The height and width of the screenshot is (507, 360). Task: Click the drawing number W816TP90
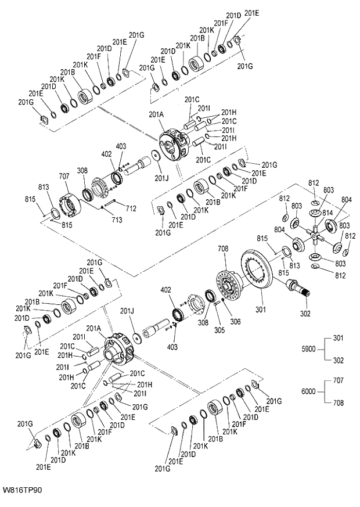21,490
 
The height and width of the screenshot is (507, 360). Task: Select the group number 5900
310,350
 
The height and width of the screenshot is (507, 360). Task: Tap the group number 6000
310,391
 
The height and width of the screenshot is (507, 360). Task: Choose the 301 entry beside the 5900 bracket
339,339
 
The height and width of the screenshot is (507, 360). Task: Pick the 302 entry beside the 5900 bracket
339,359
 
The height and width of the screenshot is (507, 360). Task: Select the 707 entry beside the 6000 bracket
339,380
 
